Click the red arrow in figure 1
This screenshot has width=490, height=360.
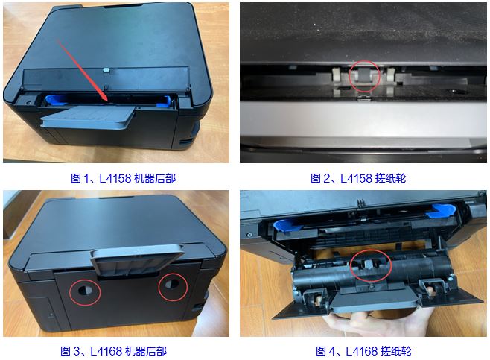(83, 70)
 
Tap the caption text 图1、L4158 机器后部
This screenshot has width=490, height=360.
(124, 178)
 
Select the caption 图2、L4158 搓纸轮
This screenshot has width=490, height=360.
(358, 178)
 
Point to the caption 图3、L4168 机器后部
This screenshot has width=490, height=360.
(113, 351)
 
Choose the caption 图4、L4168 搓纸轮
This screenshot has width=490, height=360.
(363, 351)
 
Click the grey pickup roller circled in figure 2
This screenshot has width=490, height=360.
(363, 75)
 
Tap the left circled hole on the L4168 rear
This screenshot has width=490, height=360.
(86, 290)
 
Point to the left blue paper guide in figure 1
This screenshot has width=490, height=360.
(54, 100)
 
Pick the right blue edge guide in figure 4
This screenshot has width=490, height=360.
(441, 210)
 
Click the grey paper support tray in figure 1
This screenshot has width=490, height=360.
(88, 117)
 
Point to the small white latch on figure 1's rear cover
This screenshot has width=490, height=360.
(106, 69)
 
